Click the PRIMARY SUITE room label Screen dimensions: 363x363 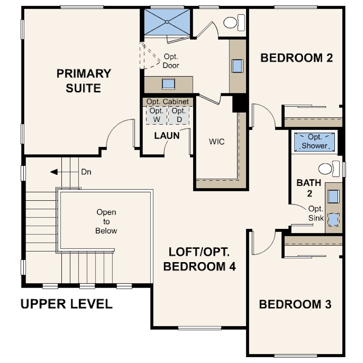[x=84, y=81]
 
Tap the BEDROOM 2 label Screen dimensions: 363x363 [x=297, y=58]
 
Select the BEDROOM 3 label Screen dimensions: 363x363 [x=295, y=304]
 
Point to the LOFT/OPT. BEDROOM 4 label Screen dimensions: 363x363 [x=199, y=259]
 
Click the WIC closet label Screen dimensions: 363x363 [x=217, y=142]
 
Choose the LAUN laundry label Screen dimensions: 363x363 [x=167, y=136]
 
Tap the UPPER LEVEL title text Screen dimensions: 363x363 [x=67, y=304]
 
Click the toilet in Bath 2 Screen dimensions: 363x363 [x=329, y=169]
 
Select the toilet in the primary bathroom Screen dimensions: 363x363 [x=234, y=22]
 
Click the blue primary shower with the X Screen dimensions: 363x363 [x=167, y=22]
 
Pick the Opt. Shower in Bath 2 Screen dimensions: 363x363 [x=315, y=142]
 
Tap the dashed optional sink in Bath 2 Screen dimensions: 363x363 [x=333, y=219]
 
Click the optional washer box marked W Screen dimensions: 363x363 [x=156, y=115]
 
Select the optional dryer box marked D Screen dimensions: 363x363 [x=179, y=115]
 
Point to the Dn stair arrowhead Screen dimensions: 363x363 [x=54, y=172]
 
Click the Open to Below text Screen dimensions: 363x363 [x=106, y=221]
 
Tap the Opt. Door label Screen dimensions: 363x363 [x=171, y=61]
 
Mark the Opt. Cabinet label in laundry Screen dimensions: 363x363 [x=168, y=101]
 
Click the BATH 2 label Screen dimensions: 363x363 [x=309, y=188]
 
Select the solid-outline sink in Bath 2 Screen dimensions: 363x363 [x=333, y=196]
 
